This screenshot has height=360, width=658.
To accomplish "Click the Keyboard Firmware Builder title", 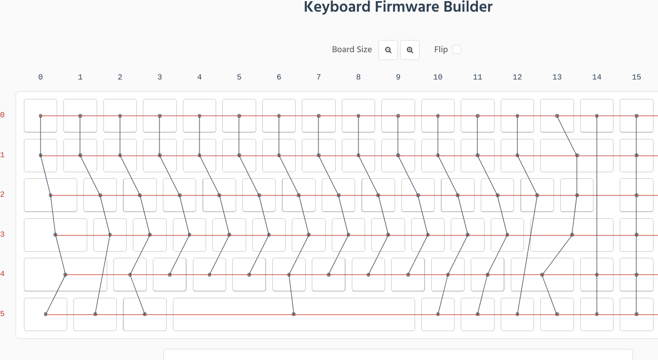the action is (x=398, y=7).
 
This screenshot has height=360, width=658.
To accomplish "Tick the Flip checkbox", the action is (x=457, y=49).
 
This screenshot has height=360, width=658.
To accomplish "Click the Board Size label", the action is (x=352, y=49).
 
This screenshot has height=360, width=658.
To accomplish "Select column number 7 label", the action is (x=318, y=77).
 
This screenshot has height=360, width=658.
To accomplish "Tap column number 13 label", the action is (x=557, y=77).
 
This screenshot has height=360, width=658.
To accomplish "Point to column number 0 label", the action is (x=41, y=77).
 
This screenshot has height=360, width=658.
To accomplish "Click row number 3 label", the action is (x=2, y=234).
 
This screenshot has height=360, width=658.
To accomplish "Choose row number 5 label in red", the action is (x=2, y=314).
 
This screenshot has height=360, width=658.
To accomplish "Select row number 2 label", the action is (x=2, y=194).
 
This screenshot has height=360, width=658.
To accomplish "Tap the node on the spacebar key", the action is (x=293, y=314).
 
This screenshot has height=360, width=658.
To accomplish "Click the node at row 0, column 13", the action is (x=557, y=116).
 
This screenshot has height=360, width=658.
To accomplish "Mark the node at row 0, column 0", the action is (x=41, y=116).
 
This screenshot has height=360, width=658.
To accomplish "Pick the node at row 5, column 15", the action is (x=636, y=314).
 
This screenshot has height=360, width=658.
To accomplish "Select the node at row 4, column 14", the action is (x=597, y=274).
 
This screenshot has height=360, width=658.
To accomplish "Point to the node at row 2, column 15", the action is (x=636, y=195).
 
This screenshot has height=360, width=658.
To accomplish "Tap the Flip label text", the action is (x=441, y=49).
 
